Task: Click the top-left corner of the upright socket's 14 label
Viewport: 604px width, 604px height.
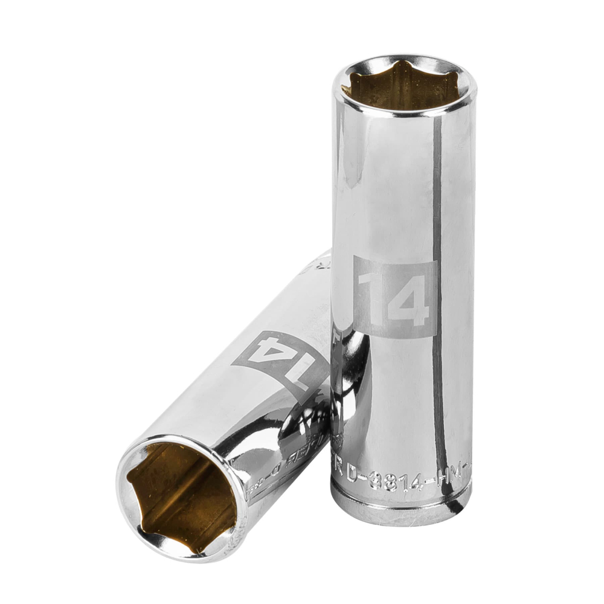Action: [x=355, y=257]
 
